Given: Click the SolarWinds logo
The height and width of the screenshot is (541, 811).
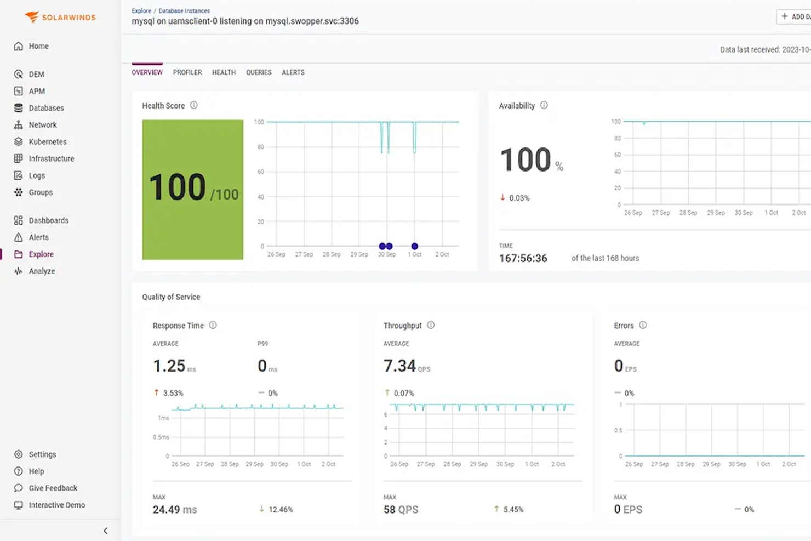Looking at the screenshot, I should (x=60, y=17).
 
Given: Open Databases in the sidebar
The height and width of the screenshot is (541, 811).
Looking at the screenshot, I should (x=46, y=108).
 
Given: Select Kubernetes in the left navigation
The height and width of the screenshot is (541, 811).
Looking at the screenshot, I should (x=47, y=141).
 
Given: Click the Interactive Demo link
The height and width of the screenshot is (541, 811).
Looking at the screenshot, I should (x=56, y=505).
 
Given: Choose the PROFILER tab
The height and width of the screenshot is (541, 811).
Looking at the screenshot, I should (x=187, y=72).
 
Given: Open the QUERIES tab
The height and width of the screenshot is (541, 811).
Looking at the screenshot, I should (x=259, y=72).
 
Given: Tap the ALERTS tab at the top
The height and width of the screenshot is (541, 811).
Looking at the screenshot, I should (x=293, y=72).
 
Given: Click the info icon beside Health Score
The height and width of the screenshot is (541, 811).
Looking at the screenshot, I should (x=194, y=105).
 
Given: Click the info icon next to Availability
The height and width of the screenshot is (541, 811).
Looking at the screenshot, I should (x=544, y=105).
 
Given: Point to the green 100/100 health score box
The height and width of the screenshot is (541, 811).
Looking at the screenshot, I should (x=193, y=189).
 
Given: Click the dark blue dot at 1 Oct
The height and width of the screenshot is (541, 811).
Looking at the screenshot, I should (x=415, y=246).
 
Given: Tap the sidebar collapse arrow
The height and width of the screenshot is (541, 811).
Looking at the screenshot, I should (x=105, y=531).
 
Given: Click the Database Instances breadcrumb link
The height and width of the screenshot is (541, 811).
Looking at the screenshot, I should (x=184, y=10).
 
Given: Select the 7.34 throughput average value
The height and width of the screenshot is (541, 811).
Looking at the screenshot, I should (x=400, y=366).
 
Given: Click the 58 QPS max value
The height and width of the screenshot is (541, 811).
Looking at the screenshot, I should (x=401, y=510).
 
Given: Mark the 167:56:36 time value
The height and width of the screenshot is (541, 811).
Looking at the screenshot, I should (x=523, y=258).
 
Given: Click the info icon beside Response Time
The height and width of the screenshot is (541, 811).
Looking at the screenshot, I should (x=213, y=325).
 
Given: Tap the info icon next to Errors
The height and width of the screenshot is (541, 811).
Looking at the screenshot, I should (x=643, y=325).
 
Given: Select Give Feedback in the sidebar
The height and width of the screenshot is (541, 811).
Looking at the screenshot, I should (x=53, y=488).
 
